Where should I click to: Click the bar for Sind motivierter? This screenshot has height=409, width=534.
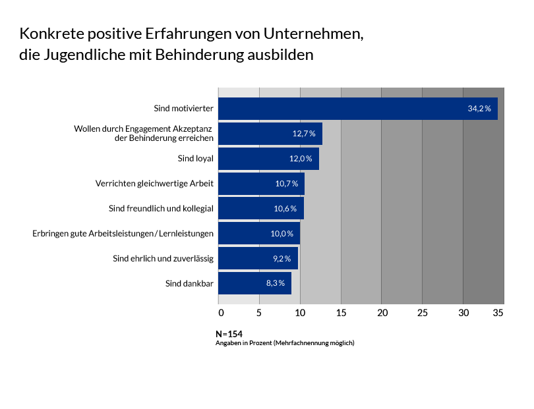tap(358, 109)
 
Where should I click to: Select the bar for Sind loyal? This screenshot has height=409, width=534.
tap(268, 159)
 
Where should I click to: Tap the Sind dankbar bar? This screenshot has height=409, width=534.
tap(254, 283)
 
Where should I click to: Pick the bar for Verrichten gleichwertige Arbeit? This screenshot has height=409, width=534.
tap(261, 184)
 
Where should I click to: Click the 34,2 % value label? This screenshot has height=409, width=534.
tap(479, 109)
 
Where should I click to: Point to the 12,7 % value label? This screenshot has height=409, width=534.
tap(304, 134)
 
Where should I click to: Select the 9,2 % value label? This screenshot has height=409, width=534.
tap(282, 259)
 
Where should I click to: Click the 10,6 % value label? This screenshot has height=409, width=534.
tap(287, 209)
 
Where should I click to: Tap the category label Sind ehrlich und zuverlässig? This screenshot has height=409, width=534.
tap(163, 259)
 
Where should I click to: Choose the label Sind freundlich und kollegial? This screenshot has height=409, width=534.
tap(161, 209)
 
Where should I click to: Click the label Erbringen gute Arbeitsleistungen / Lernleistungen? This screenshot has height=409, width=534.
tap(123, 234)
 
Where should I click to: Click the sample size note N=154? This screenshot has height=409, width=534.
tap(229, 334)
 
